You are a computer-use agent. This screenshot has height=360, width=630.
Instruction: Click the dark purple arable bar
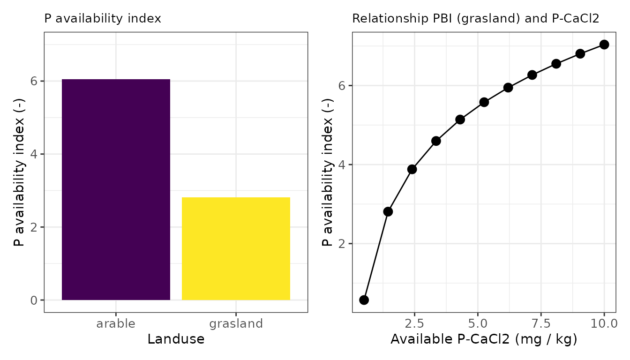coord(116,189)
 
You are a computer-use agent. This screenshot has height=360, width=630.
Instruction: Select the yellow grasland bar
coord(236,248)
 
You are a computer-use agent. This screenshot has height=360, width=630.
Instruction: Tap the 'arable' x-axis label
coord(116,323)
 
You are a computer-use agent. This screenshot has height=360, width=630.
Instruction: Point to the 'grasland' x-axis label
coord(236,323)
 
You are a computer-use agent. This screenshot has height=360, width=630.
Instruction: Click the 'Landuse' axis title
coord(176,339)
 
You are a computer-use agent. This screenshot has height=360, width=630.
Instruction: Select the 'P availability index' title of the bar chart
coord(103,19)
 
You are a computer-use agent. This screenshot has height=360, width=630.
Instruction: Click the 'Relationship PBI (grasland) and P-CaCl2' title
coord(475,19)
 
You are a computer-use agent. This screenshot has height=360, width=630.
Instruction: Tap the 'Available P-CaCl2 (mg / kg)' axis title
coord(484,339)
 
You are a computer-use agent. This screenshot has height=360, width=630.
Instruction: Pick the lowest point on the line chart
coord(364,300)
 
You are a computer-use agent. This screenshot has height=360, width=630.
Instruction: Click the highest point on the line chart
coord(604,45)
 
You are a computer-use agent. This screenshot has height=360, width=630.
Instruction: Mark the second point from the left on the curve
coord(388,211)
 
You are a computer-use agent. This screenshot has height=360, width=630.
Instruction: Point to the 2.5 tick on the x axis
coord(414,323)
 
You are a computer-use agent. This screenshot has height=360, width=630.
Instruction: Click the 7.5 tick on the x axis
coord(541,323)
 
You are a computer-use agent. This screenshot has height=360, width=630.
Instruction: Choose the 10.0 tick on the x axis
coord(603,323)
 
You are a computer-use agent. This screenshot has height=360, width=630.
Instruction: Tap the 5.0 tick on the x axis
coord(478,323)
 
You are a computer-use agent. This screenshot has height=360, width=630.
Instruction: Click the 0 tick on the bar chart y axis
coord(34,300)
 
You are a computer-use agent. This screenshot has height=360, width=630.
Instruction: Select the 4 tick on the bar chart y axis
coord(34,154)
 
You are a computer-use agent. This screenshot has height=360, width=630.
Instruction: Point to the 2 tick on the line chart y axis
coord(342,244)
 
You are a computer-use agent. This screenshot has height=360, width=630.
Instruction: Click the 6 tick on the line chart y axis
coord(342,86)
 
